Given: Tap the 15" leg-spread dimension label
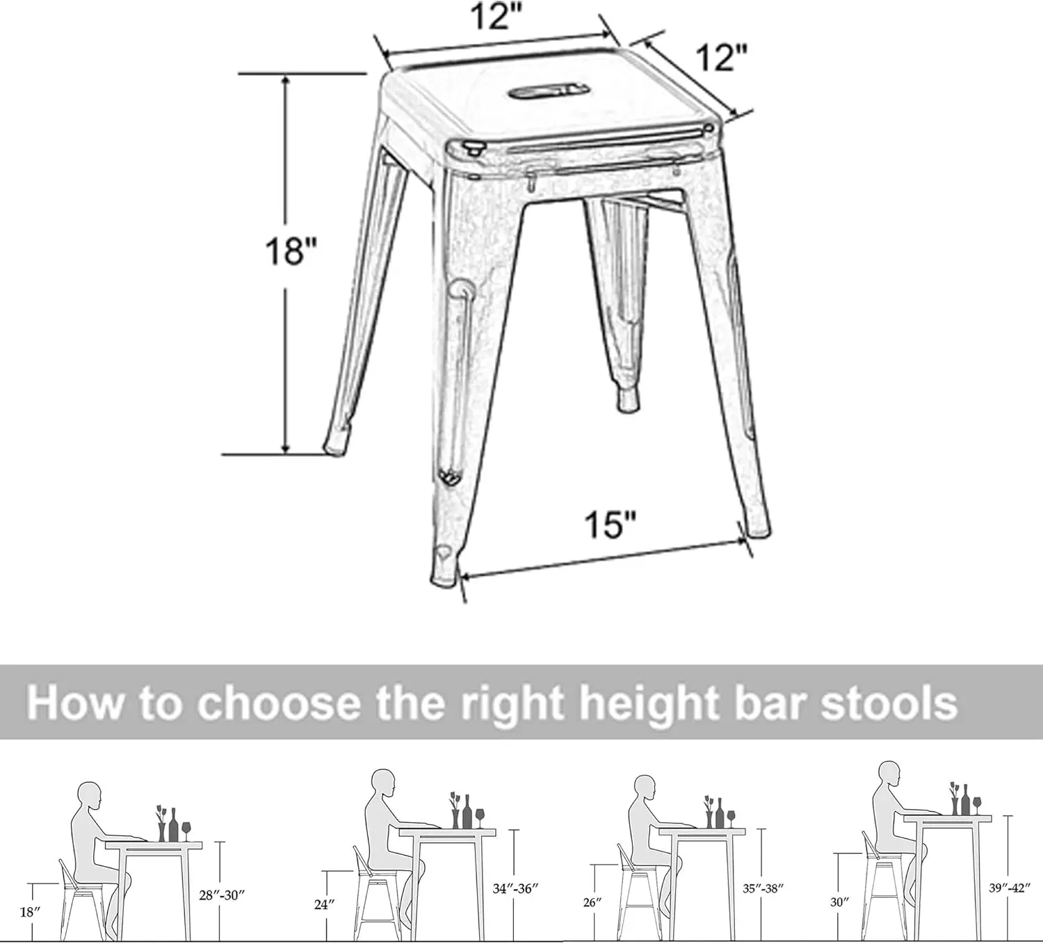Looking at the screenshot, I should tap(610, 524).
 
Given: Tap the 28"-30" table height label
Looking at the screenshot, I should tap(223, 895).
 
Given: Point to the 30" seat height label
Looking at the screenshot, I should tap(839, 902).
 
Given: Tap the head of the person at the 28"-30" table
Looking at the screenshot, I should tap(89, 795).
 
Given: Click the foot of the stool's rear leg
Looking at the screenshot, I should tap(627, 399).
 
